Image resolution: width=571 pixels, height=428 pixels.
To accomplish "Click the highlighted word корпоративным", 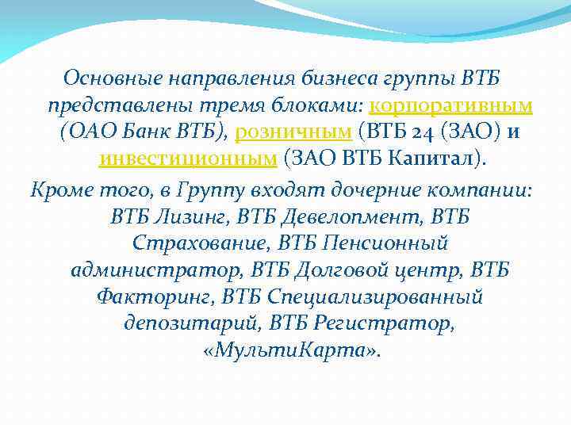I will pyautogui.click(x=450, y=106).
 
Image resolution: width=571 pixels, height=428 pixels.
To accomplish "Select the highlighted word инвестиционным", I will pyautogui.click(x=187, y=159).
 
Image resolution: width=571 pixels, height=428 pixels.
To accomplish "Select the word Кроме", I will pyautogui.click(x=57, y=190).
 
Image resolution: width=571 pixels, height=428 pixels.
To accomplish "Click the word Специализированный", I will pyautogui.click(x=375, y=297).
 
